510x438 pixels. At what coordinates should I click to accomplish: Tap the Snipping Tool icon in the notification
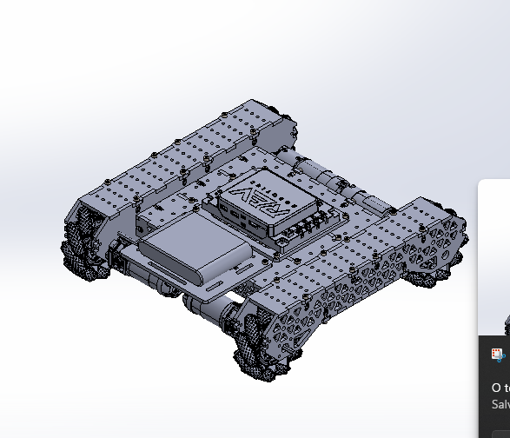[497, 355]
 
